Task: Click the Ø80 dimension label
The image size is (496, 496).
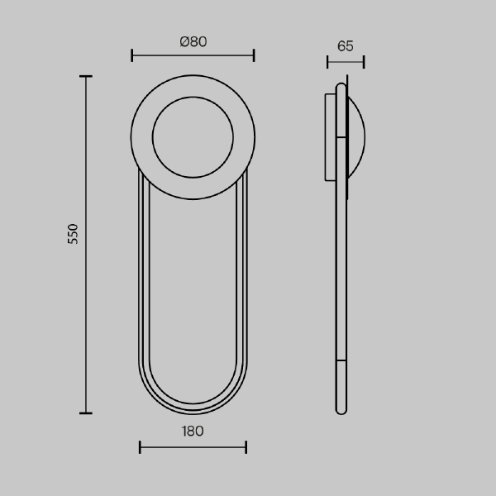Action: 193,42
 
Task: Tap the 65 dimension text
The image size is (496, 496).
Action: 346,46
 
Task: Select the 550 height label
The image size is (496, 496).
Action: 73,234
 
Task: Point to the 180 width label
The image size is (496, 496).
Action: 193,432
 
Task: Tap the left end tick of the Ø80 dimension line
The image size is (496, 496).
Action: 132,55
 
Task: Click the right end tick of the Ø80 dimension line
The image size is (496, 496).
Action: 254,55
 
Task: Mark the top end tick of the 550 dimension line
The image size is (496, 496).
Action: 86,76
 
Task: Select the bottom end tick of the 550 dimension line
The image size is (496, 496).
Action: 86,413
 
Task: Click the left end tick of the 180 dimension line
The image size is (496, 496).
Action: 140,447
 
